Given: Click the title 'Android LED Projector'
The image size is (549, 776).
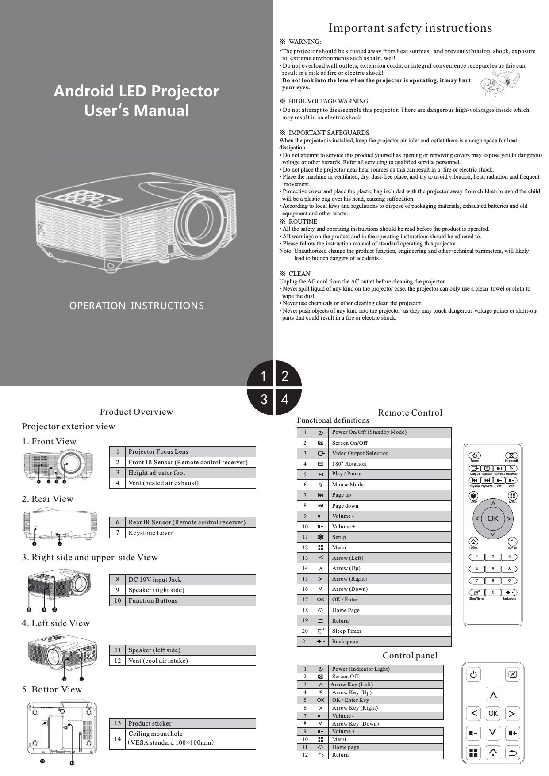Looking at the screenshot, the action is coord(136,91).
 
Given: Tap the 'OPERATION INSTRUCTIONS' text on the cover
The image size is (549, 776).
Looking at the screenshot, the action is coord(137,306).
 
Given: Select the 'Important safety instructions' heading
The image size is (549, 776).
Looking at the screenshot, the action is coord(410,28).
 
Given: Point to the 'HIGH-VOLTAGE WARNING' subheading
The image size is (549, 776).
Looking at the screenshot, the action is coord(328,102).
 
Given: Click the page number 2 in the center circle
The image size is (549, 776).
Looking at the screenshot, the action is coord(285,376).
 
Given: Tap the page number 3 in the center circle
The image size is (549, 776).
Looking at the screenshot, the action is coord(264,400).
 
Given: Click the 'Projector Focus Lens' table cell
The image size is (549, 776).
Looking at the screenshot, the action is coord(158,451).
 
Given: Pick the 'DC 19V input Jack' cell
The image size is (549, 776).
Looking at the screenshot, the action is coord(155,580).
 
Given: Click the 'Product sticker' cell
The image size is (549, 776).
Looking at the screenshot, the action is coord(150,723).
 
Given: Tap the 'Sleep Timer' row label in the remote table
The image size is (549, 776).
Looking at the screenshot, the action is coord(347,631).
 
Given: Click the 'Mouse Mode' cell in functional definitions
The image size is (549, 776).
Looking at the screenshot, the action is coord(348,485).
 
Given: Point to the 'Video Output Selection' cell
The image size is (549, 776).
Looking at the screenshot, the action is coord(361,453).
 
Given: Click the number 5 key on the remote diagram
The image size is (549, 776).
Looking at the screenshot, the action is coord(493,569).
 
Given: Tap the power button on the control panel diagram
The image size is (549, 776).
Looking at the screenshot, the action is coord(473,675).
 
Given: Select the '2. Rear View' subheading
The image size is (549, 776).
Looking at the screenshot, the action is coord(48,499).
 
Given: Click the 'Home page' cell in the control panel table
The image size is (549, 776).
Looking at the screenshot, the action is coord(346,747).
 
